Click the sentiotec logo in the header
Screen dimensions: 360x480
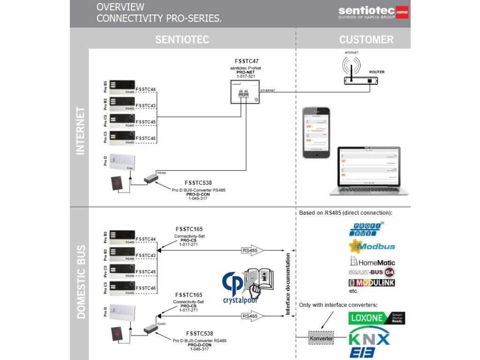click(x=373, y=12)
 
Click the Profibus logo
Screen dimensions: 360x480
click(x=367, y=229)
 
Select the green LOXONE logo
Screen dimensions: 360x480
click(x=376, y=318)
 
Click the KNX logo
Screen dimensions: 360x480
click(x=370, y=338)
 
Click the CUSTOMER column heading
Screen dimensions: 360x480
click(x=366, y=39)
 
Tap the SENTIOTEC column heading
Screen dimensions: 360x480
click(x=182, y=39)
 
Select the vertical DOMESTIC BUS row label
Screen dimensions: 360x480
click(x=81, y=282)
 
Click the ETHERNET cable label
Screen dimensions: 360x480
click(x=268, y=90)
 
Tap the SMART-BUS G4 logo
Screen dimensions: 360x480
click(x=371, y=272)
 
